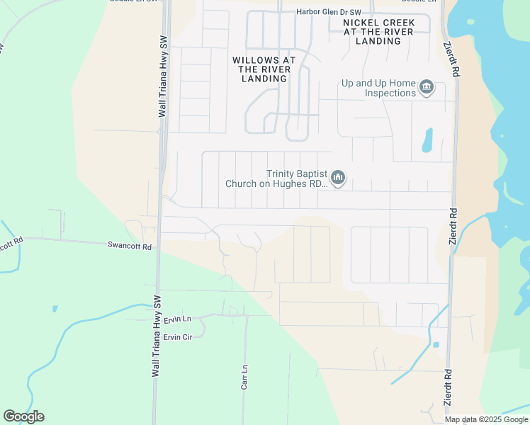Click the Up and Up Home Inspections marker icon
pyautogui.click(x=427, y=88)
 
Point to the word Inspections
pyautogui.click(x=390, y=93)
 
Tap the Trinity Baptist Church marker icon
pyautogui.click(x=338, y=178)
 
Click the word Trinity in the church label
pyautogui.click(x=281, y=174)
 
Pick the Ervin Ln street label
pyautogui.click(x=178, y=321)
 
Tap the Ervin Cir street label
pyautogui.click(x=178, y=336)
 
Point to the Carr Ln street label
pyautogui.click(x=244, y=377)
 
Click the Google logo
pyautogui.click(x=23, y=416)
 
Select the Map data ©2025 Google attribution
pyautogui.click(x=486, y=419)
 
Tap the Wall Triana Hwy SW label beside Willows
pyautogui.click(x=162, y=76)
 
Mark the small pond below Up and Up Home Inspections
pyautogui.click(x=427, y=140)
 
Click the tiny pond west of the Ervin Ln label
pyautogui.click(x=55, y=309)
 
